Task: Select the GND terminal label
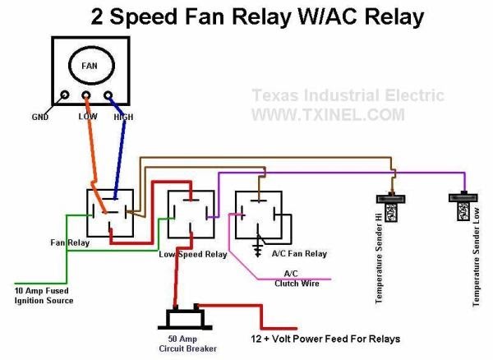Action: (x=40, y=118)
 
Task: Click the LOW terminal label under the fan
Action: (x=88, y=118)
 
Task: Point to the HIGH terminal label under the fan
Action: (x=123, y=118)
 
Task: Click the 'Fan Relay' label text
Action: (x=69, y=243)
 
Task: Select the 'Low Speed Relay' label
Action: (x=192, y=255)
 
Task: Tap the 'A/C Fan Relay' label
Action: (x=299, y=254)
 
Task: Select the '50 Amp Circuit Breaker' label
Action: (x=189, y=344)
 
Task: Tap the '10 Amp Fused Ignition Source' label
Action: (x=44, y=296)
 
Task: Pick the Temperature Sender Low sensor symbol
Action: (x=463, y=210)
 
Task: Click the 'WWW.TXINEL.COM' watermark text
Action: (x=327, y=114)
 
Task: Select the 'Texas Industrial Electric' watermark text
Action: (x=348, y=95)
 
